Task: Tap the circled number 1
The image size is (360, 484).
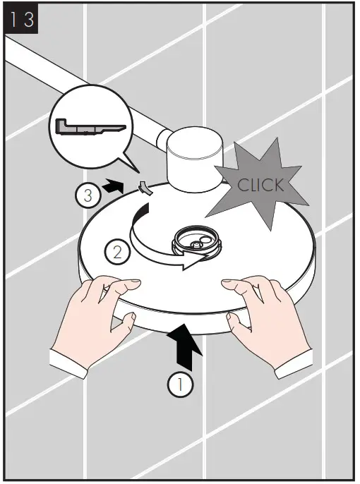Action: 181,385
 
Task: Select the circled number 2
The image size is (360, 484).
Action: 117,250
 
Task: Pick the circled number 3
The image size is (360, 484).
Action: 86,194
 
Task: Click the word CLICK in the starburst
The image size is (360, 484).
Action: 260,186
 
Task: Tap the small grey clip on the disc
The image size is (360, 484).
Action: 145,188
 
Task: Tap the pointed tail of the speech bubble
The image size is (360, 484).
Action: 136,169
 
